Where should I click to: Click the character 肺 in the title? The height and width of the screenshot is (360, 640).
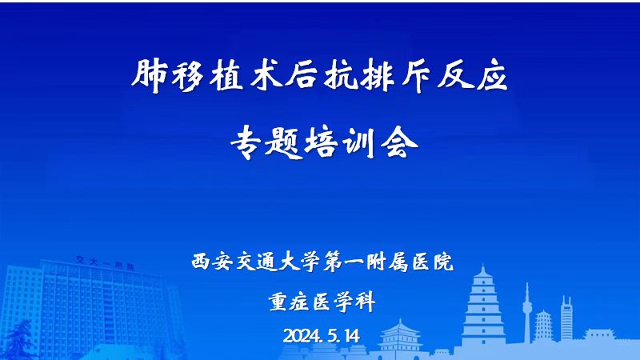coord(149,75)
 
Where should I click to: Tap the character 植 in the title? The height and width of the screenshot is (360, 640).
coord(226,75)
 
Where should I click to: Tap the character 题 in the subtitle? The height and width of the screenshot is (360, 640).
coord(283,142)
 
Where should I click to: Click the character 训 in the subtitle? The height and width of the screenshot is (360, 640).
coord(359,142)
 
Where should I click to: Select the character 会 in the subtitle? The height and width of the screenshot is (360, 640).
coord(399,142)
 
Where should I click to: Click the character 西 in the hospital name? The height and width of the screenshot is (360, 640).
coord(202,262)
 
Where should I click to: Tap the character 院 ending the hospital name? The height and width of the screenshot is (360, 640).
coord(443,262)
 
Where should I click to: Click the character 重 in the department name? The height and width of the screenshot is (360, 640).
coord(278,302)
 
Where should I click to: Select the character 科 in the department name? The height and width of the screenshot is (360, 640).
coord(366,302)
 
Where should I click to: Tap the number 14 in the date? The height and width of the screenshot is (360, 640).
coord(351,336)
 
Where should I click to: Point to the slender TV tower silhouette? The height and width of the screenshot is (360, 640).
coord(527,314)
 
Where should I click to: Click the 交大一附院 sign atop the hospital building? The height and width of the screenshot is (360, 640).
coord(106,263)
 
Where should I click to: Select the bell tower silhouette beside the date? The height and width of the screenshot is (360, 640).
coord(399,335)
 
